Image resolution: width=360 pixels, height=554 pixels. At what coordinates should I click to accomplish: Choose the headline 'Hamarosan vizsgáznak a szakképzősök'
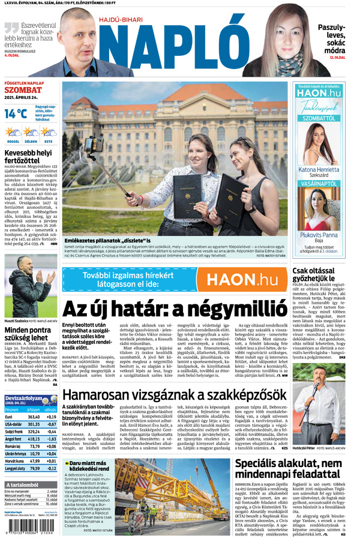coord(174,395)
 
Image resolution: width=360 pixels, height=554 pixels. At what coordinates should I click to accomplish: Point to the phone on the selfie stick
coord(92,145)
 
